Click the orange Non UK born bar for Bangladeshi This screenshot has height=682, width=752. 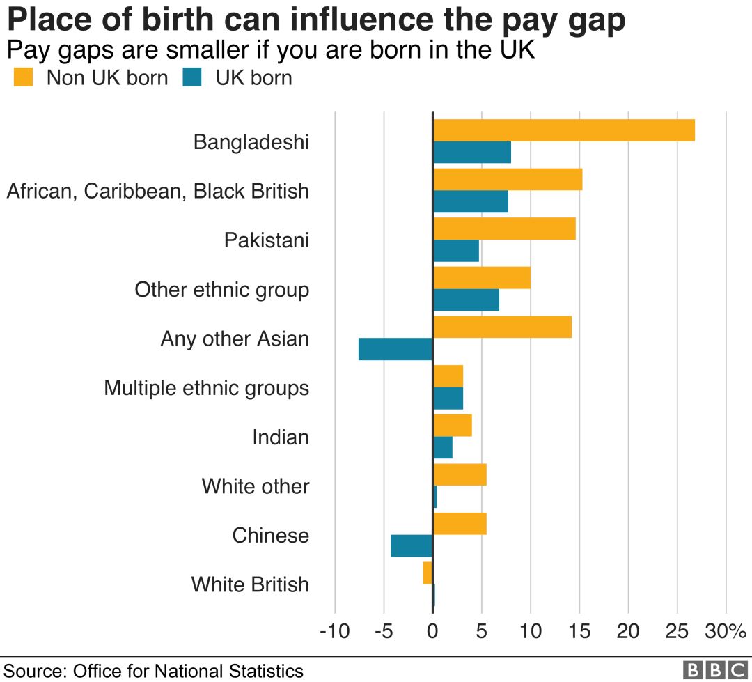(564, 130)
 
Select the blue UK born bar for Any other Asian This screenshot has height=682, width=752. (395, 349)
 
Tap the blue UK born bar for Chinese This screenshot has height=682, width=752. (412, 546)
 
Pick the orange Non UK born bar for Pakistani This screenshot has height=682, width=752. (504, 228)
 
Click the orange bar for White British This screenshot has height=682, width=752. (428, 573)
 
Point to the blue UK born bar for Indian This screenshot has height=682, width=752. (443, 448)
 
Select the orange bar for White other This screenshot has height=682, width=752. (460, 474)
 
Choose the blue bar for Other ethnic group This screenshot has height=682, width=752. (466, 300)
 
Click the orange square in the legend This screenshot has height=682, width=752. (24, 77)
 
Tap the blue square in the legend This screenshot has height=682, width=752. (192, 77)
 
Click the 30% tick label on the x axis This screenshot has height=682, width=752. (725, 632)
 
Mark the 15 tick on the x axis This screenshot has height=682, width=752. (579, 632)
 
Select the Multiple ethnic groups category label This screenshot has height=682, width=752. (206, 387)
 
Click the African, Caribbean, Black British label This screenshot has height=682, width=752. (157, 191)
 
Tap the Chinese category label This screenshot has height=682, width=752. (270, 535)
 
